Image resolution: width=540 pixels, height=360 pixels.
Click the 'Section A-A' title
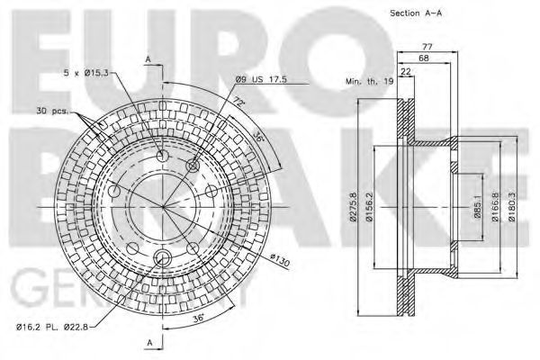[x=416, y=13]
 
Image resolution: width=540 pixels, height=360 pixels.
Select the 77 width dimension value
[x=427, y=47]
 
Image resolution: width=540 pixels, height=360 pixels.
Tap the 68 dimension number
[x=423, y=58]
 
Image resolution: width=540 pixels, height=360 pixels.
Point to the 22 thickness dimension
[x=406, y=72]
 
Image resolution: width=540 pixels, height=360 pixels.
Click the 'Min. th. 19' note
[x=370, y=82]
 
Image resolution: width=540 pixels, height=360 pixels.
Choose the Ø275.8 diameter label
[x=352, y=206]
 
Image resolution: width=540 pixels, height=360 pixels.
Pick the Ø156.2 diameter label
[x=368, y=206]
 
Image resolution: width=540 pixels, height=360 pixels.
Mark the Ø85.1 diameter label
[x=477, y=206]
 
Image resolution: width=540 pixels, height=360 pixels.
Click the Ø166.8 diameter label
[x=495, y=206]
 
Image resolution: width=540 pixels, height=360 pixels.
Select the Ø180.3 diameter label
[x=512, y=206]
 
